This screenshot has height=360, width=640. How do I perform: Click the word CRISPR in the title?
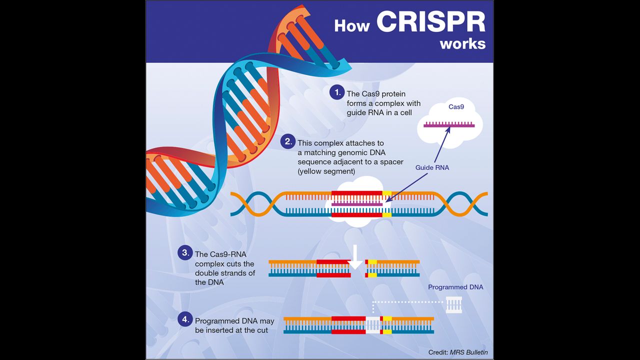point(430,22)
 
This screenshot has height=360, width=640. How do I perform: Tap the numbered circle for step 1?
point(337,92)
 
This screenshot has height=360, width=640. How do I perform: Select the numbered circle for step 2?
point(288,142)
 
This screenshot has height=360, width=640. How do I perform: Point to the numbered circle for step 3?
point(185,252)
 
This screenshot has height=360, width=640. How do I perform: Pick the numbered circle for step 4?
point(185,319)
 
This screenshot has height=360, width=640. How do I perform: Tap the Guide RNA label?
point(432,167)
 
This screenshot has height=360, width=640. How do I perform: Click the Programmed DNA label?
point(455,287)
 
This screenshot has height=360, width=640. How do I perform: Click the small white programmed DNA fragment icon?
point(454,304)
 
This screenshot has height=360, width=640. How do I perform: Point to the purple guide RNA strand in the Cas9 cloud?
point(449,125)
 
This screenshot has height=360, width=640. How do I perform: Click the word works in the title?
point(462,43)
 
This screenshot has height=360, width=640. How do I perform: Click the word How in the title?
point(352,25)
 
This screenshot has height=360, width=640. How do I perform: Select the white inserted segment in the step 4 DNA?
point(373,325)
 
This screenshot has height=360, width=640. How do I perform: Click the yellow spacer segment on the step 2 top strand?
point(387,192)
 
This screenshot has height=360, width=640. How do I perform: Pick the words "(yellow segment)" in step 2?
point(326,171)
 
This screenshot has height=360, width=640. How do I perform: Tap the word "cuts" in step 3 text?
point(245,263)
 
